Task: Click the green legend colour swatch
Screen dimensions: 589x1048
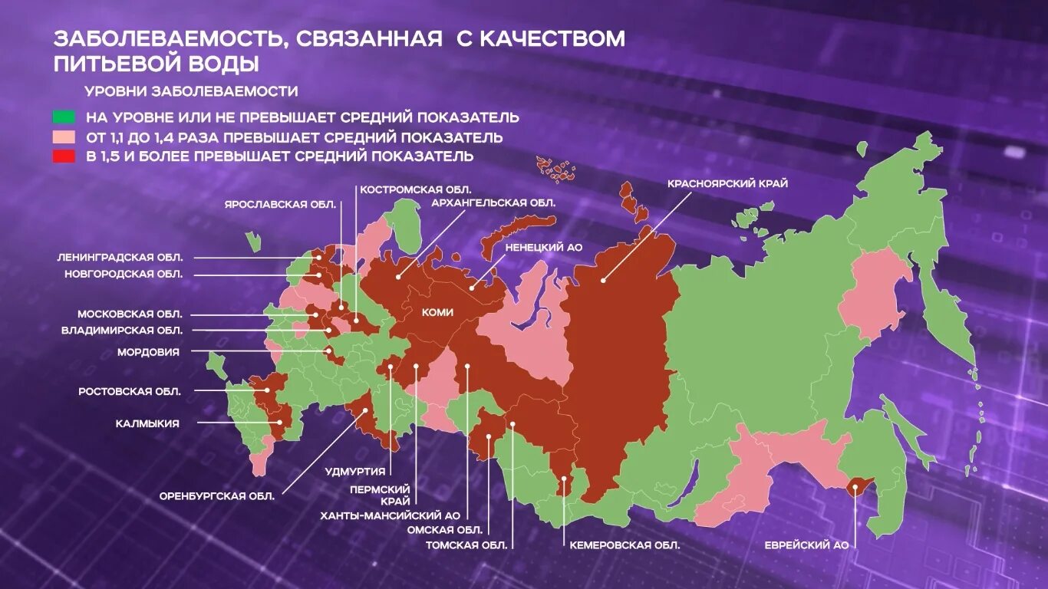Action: click(64, 117)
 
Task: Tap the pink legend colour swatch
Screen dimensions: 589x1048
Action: click(64, 137)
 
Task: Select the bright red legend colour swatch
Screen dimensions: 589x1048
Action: click(64, 156)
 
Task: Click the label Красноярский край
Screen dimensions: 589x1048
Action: click(727, 183)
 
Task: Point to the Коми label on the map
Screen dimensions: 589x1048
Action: click(437, 312)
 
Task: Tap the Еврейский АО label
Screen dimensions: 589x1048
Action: click(806, 545)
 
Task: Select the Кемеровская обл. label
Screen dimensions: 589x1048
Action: click(625, 545)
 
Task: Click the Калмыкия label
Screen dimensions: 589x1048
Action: click(147, 423)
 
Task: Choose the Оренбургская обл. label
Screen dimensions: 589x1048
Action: click(216, 495)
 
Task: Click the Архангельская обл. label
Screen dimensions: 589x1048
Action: click(493, 202)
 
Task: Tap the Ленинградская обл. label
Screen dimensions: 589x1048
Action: click(120, 257)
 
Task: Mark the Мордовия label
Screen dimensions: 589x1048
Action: click(148, 352)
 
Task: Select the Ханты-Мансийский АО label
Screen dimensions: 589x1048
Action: click(390, 515)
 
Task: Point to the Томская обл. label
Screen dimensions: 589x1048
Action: click(466, 545)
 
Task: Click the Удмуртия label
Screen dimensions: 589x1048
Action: click(354, 472)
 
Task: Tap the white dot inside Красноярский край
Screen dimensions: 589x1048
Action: click(604, 280)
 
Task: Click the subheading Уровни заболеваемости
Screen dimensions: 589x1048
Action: click(191, 91)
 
